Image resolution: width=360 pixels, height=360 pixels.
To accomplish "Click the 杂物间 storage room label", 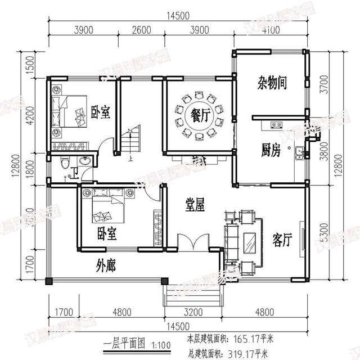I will click(273, 84).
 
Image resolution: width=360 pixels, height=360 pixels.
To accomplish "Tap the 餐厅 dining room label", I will click(200, 116).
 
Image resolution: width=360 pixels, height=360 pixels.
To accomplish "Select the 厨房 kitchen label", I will click(271, 150).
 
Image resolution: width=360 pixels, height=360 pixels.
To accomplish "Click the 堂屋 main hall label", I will click(195, 205).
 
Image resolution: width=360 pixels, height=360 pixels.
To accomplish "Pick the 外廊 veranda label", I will click(106, 264).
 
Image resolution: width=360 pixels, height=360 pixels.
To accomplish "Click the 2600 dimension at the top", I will click(141, 30).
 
